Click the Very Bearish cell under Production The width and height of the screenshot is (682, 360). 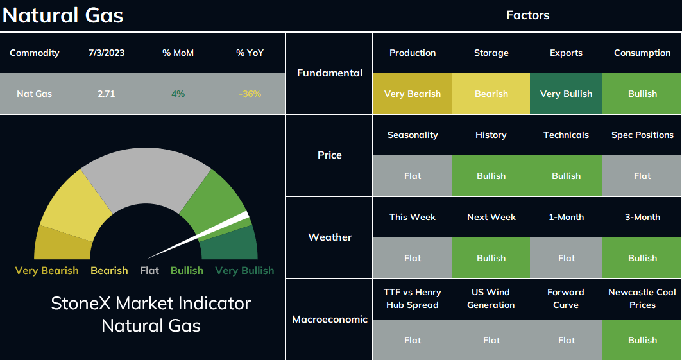pyautogui.click(x=413, y=94)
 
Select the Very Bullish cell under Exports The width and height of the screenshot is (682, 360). pyautogui.click(x=566, y=94)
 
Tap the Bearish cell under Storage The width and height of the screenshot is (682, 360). pyautogui.click(x=491, y=94)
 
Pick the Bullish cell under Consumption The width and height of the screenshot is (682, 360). pyautogui.click(x=642, y=94)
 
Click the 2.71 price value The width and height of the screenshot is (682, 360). pyautogui.click(x=107, y=94)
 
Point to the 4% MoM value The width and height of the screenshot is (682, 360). pyautogui.click(x=178, y=94)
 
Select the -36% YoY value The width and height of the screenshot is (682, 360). pyautogui.click(x=250, y=94)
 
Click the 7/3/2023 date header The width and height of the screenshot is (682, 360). pyautogui.click(x=107, y=53)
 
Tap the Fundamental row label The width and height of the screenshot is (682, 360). pyautogui.click(x=330, y=73)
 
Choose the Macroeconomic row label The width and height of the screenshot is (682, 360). pyautogui.click(x=330, y=320)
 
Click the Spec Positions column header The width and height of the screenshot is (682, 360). pyautogui.click(x=642, y=135)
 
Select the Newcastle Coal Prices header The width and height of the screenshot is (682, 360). pyautogui.click(x=642, y=298)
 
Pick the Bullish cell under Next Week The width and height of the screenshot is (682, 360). pyautogui.click(x=491, y=258)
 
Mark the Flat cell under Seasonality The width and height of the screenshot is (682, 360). pyautogui.click(x=413, y=176)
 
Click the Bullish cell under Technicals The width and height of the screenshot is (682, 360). pyautogui.click(x=566, y=176)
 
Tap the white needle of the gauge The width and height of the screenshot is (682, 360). pyautogui.click(x=198, y=236)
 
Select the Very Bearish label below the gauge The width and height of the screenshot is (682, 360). pyautogui.click(x=47, y=270)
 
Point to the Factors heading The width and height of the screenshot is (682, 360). pyautogui.click(x=527, y=15)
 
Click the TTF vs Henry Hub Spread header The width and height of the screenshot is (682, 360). pyautogui.click(x=413, y=298)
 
